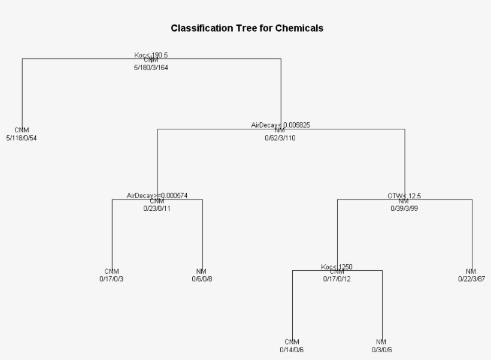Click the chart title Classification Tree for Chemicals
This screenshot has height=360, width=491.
click(247, 28)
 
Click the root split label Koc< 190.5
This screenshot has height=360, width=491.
click(151, 55)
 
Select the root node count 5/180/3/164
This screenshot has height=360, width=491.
click(151, 68)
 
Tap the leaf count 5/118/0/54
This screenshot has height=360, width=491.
click(22, 138)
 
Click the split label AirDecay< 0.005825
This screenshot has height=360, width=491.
click(280, 125)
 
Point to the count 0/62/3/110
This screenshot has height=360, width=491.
click(280, 138)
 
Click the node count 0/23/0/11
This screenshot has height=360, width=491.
click(157, 208)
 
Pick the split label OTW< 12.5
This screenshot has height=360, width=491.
click(405, 195)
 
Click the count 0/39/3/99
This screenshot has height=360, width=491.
click(405, 208)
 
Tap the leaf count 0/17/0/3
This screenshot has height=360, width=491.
click(112, 279)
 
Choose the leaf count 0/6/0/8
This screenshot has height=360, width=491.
click(202, 279)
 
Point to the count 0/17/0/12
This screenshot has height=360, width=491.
click(337, 279)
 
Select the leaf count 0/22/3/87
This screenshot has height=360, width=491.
click(471, 279)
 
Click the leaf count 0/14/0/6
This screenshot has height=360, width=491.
click(292, 349)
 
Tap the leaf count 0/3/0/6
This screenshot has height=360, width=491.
click(381, 349)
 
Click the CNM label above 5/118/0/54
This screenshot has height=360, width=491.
click(22, 130)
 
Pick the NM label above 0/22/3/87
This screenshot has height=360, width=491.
click(471, 271)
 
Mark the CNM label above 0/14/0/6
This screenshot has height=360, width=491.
click(292, 341)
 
